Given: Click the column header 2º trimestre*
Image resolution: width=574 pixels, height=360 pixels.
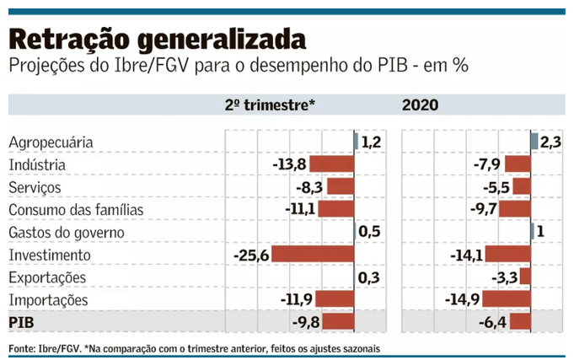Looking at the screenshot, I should click(270, 105).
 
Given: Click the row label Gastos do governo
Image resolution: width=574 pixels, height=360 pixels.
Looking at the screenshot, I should click(66, 233).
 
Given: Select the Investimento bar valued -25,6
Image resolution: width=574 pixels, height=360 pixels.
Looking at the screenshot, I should click(313, 255).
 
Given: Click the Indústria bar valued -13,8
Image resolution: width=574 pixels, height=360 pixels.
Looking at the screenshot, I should click(332, 164).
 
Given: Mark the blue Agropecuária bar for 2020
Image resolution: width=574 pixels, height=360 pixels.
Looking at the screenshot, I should click(534, 142).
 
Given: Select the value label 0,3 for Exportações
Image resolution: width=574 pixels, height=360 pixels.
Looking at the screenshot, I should click(368, 277).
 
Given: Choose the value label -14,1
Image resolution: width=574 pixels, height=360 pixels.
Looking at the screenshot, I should click(466, 255).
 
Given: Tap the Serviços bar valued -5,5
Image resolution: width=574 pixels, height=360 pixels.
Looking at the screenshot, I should click(522, 187).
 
